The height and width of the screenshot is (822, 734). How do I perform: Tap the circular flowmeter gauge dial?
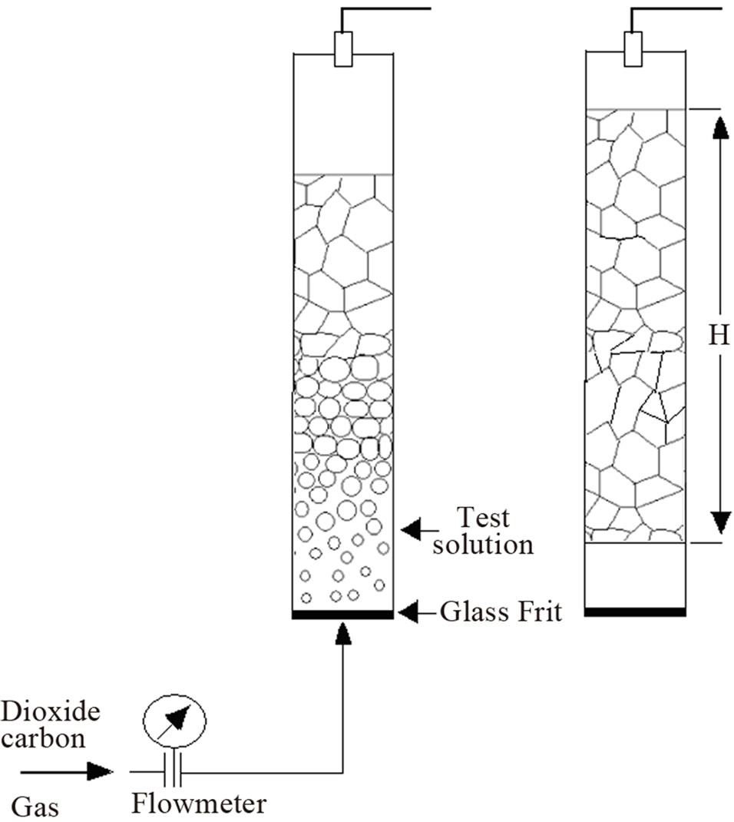(174, 721)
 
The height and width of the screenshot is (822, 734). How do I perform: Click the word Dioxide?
(51, 712)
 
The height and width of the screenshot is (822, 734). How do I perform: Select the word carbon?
(43, 738)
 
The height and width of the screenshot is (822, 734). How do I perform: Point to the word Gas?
(35, 807)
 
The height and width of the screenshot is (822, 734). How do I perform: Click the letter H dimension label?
(719, 334)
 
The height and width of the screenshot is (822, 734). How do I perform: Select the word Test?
(483, 518)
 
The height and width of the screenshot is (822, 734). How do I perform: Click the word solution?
(482, 544)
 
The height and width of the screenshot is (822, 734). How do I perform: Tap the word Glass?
(474, 612)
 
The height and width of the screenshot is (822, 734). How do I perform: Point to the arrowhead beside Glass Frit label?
(408, 612)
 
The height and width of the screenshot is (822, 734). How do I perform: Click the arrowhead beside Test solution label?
(412, 529)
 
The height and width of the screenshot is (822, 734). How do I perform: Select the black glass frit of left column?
(342, 615)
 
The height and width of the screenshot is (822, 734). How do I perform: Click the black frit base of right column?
(635, 612)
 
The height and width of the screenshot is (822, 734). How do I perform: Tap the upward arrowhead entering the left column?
(342, 633)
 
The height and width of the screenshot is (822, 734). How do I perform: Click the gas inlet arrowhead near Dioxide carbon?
(100, 771)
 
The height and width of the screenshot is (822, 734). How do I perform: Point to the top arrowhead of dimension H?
(721, 128)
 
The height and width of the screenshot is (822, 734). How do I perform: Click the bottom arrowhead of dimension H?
(721, 522)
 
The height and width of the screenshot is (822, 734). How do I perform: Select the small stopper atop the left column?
(343, 49)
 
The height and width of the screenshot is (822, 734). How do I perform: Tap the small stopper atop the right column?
(633, 49)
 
